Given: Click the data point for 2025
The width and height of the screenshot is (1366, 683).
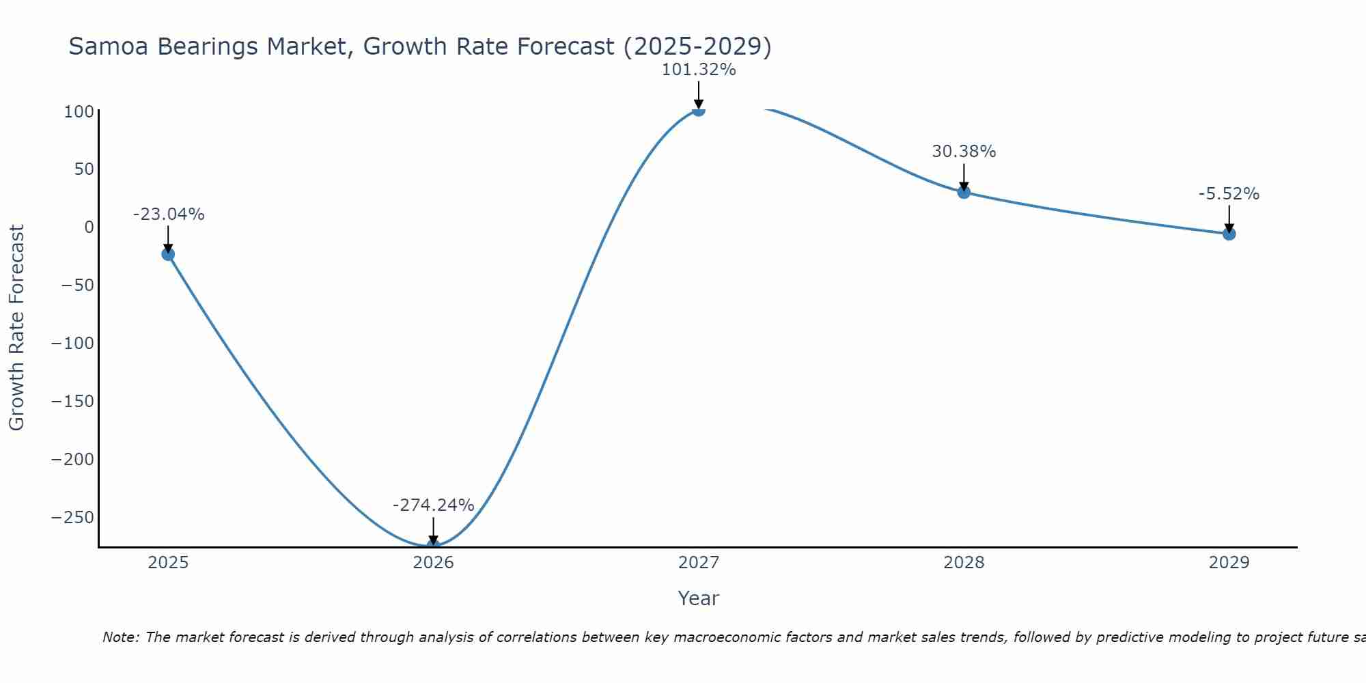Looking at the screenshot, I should pyautogui.click(x=168, y=254).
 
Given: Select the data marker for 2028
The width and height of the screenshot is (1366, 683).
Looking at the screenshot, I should pyautogui.click(x=964, y=192).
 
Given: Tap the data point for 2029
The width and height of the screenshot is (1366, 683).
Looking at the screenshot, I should pyautogui.click(x=1229, y=234).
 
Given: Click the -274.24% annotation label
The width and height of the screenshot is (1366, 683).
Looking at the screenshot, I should pyautogui.click(x=433, y=505).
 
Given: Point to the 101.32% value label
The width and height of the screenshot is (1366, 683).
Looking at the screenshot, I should pyautogui.click(x=698, y=70).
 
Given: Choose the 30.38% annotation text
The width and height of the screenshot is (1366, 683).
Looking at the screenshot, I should pyautogui.click(x=964, y=152).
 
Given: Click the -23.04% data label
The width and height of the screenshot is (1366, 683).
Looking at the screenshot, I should pyautogui.click(x=168, y=214).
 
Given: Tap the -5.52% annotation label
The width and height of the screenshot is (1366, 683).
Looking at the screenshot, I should pyautogui.click(x=1229, y=194).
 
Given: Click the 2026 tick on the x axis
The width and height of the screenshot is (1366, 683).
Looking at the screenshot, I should pyautogui.click(x=433, y=563).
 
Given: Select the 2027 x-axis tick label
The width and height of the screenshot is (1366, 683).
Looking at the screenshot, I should pyautogui.click(x=698, y=563).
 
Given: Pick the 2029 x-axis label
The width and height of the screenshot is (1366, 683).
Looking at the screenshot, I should pyautogui.click(x=1229, y=563).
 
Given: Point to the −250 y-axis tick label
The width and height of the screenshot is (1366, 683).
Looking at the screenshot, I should pyautogui.click(x=72, y=518).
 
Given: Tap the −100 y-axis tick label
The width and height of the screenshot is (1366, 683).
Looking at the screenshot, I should pyautogui.click(x=72, y=344).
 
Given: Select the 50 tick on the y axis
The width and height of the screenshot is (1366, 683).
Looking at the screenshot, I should pyautogui.click(x=83, y=169).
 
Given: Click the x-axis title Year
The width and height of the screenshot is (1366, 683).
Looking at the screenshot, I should pyautogui.click(x=698, y=599).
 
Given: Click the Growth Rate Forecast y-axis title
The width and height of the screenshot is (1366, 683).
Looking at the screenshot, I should pyautogui.click(x=16, y=328).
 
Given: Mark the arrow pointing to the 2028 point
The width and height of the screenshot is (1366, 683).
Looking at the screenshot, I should pyautogui.click(x=964, y=176).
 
